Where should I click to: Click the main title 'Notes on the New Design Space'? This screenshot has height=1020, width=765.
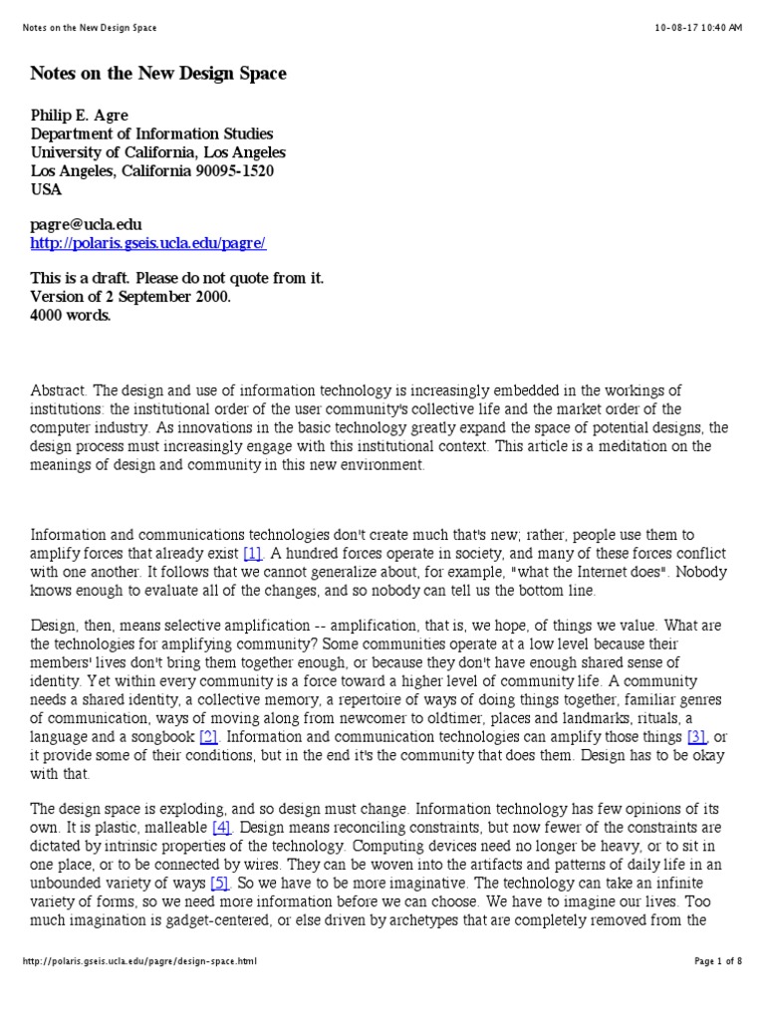[x=158, y=74]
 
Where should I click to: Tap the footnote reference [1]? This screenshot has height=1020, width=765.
[x=252, y=552]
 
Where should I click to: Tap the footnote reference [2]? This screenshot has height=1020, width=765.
[x=208, y=737]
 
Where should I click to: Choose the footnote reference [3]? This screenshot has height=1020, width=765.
[x=697, y=737]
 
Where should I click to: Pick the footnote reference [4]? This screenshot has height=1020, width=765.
[x=221, y=828]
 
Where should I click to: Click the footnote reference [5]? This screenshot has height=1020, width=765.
[x=220, y=883]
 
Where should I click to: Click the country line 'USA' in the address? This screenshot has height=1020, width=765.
[x=47, y=189]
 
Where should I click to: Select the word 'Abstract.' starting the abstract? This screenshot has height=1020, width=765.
[x=63, y=390]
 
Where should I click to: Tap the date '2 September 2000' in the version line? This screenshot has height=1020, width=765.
[x=165, y=296]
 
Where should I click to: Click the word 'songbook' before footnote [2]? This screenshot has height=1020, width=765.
[x=163, y=737]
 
